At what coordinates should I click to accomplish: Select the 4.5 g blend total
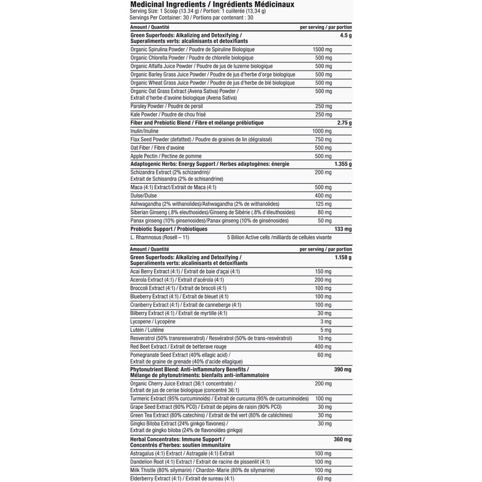point(345,36)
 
